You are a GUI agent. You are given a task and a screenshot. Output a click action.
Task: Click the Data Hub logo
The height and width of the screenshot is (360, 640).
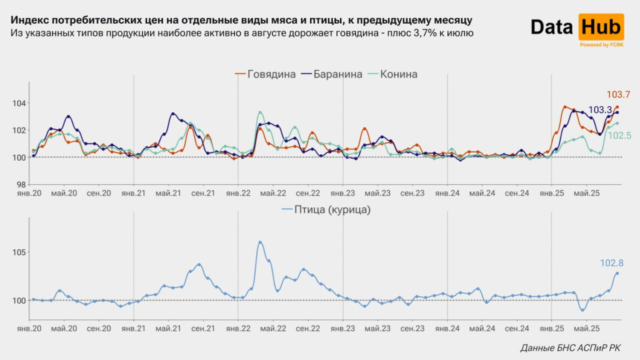point(577,28)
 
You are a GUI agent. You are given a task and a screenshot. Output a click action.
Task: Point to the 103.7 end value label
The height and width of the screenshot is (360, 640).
point(617,95)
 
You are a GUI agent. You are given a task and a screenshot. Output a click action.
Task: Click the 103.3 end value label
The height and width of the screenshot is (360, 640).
point(600,110)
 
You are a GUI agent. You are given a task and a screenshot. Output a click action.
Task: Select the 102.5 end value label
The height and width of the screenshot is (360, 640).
point(619,135)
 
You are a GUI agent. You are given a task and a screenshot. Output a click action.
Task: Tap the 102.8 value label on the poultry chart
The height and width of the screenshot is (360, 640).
point(617,263)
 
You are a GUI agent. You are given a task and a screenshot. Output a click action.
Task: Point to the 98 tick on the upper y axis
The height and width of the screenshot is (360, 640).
point(20,184)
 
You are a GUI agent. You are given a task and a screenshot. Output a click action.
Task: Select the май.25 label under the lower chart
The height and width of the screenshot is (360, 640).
point(585,327)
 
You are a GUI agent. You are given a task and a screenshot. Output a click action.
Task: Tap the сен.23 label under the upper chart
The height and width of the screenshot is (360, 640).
point(412,194)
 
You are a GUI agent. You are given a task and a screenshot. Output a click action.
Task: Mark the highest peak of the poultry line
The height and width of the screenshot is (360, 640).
point(260,242)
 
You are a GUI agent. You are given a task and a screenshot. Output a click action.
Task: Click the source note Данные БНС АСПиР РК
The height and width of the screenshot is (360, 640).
point(570,347)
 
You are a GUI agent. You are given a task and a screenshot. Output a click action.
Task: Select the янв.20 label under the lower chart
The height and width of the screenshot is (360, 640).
point(29,327)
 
